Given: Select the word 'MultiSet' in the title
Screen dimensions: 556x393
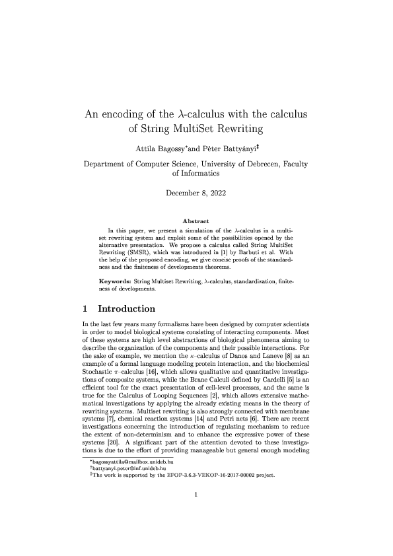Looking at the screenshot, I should pos(201,128).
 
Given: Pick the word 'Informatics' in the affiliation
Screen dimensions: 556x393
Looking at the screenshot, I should pos(196,174).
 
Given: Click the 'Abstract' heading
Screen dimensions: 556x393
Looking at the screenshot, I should pos(196,221).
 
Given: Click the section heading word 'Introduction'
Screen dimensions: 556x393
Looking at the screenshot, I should pos(126,308).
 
